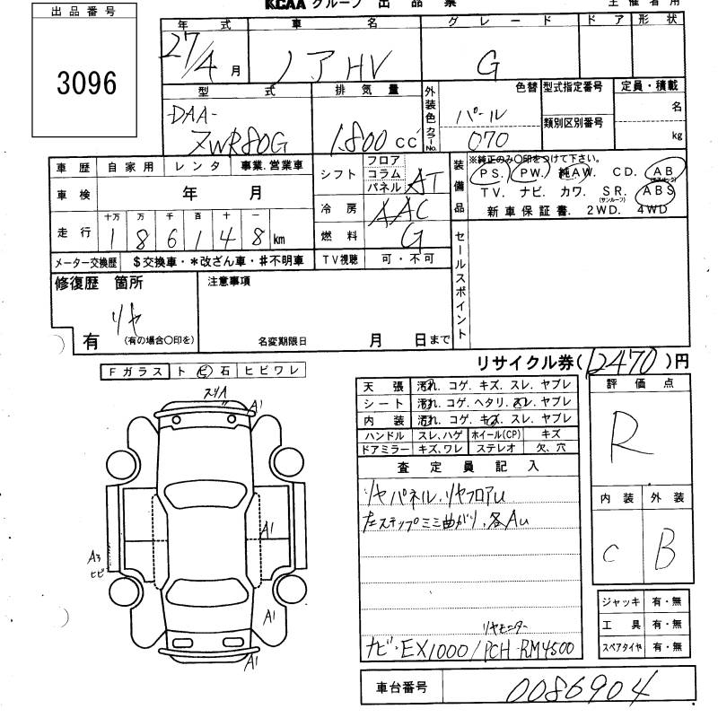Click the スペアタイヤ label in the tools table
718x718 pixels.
click(620, 647)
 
